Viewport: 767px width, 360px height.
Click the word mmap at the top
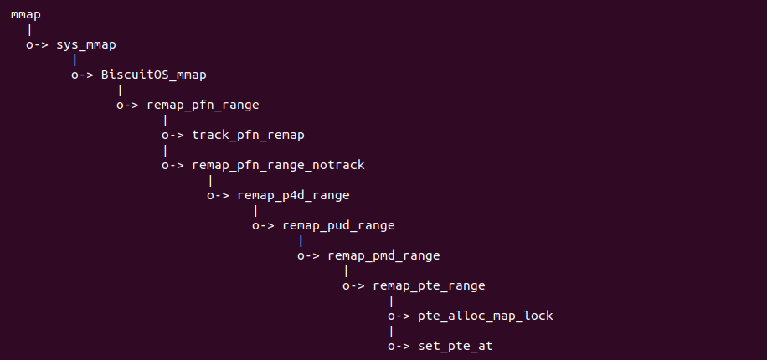point(25,15)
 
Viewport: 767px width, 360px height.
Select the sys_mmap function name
point(86,45)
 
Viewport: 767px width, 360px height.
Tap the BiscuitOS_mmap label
point(153,75)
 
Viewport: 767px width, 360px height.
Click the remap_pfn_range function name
point(203,105)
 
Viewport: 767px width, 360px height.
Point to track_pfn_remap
point(248,135)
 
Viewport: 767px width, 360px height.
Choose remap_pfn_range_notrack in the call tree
point(278,165)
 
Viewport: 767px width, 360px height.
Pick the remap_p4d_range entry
point(293,195)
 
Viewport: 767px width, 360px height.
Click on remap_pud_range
point(338,225)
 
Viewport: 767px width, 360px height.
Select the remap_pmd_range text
point(383,255)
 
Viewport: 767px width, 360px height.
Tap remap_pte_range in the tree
point(429,285)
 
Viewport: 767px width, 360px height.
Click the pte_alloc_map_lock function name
point(486,316)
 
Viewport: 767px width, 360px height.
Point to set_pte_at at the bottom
point(455,347)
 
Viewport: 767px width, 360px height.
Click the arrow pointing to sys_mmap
point(37,45)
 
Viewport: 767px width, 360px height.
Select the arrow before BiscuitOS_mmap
point(82,75)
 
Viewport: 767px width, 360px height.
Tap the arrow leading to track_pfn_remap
point(172,136)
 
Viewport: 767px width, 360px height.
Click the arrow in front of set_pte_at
point(399,347)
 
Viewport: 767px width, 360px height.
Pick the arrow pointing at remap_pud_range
point(263,226)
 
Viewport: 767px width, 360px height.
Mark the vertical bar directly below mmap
point(30,30)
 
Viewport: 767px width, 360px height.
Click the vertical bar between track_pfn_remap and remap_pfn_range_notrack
point(165,151)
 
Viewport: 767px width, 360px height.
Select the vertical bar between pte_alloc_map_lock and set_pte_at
point(391,332)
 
